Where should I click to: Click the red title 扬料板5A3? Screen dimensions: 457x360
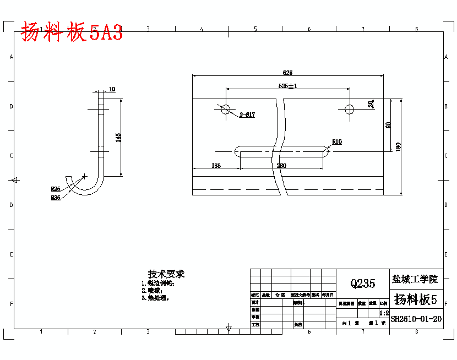click(x=72, y=32)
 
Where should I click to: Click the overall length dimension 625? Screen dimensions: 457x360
click(x=287, y=73)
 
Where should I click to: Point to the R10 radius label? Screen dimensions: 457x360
click(x=336, y=141)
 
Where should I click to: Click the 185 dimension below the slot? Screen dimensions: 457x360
click(x=216, y=165)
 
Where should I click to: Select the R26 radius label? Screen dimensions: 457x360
click(x=56, y=189)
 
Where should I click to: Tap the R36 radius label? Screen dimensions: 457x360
click(x=56, y=197)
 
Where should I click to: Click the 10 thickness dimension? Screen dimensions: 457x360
click(x=112, y=89)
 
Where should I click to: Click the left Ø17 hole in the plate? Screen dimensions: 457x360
click(x=225, y=109)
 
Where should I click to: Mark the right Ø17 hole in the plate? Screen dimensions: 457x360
click(x=349, y=109)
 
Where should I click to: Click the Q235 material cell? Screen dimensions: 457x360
click(x=362, y=283)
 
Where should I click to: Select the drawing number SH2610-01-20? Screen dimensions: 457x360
click(x=416, y=318)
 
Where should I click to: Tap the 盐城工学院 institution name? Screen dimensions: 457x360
click(x=416, y=279)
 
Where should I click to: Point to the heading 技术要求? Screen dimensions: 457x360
click(x=166, y=274)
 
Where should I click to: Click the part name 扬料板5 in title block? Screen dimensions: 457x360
click(x=416, y=299)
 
